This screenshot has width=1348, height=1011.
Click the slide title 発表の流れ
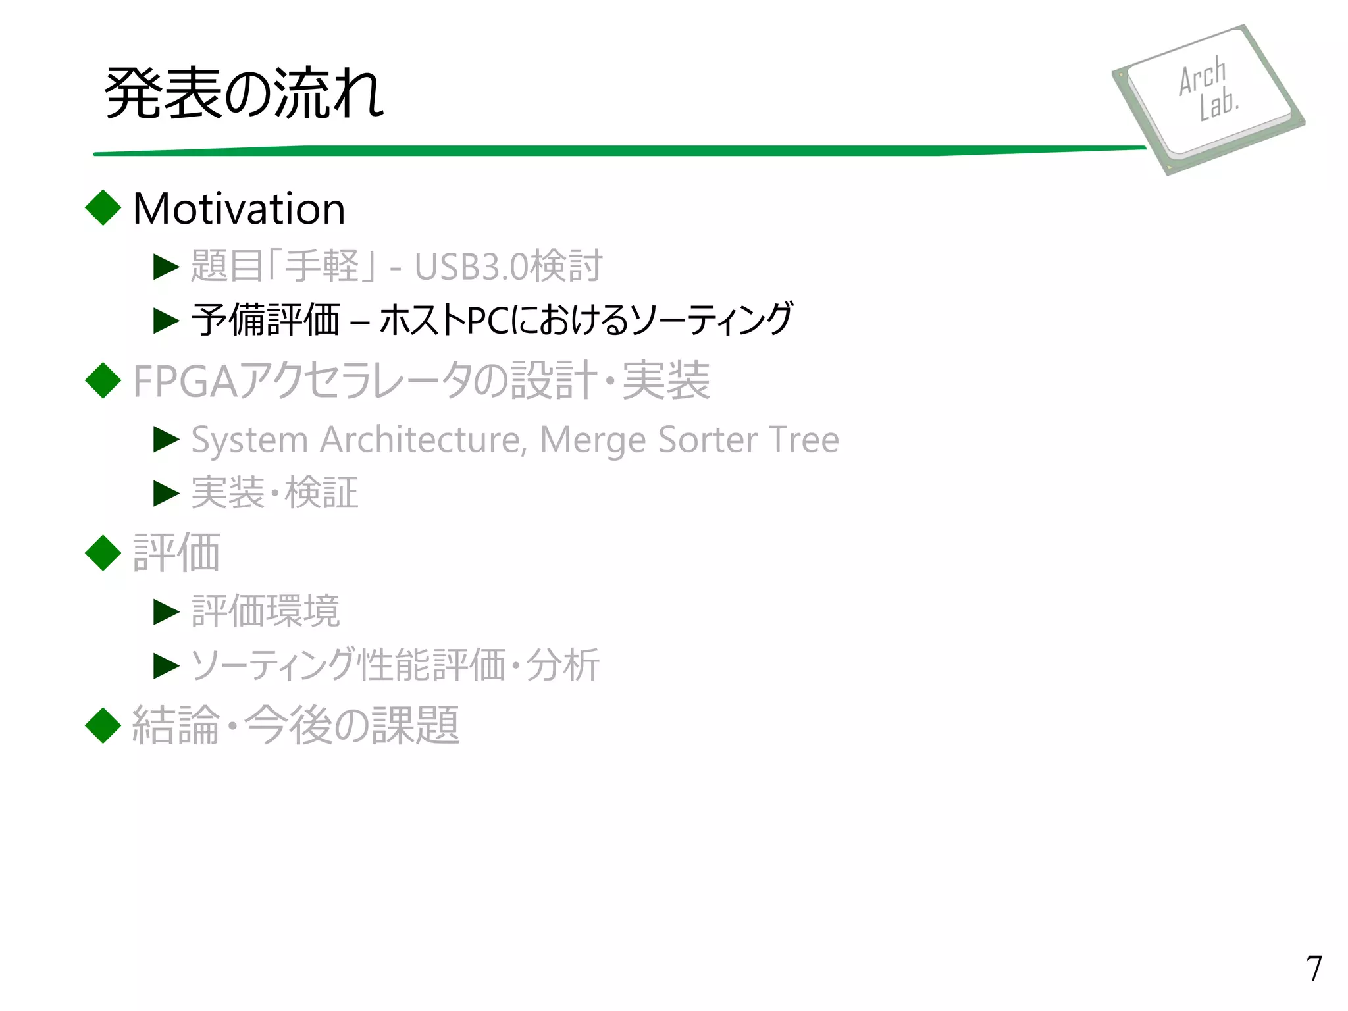point(244,93)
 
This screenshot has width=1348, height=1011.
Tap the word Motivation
point(239,209)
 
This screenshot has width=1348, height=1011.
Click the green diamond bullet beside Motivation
point(103,208)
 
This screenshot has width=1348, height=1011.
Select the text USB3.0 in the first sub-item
point(471,267)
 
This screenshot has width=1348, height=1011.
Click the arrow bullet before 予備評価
point(166,321)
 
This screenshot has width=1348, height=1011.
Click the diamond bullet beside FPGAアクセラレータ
point(103,380)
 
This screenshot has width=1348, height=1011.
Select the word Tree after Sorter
point(803,440)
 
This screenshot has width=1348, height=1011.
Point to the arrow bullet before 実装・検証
point(166,493)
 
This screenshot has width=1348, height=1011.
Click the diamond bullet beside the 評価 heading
point(103,553)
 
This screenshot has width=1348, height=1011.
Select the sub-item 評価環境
point(265,611)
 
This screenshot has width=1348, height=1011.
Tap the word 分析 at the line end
point(563,665)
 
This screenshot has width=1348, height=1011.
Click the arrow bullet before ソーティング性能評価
point(166,665)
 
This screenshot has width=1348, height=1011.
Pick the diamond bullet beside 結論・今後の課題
point(103,725)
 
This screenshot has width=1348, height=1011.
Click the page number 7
point(1314,968)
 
